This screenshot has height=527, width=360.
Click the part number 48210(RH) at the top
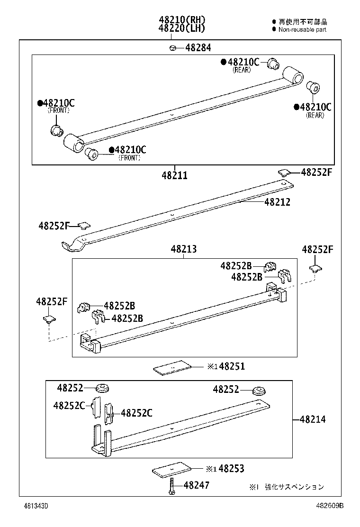(182, 20)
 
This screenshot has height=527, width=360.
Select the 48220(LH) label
(182, 28)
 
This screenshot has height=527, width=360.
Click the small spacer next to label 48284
(173, 47)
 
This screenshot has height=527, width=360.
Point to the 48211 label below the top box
(174, 175)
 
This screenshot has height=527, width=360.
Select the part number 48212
(277, 202)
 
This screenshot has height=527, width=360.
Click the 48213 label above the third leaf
(184, 249)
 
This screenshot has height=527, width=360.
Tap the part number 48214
(313, 419)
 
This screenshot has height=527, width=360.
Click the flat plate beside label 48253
(172, 470)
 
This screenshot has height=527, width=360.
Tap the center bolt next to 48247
(171, 487)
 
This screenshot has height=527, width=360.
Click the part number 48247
(196, 485)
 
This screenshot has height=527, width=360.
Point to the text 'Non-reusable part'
(302, 29)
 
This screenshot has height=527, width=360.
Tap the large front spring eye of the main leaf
(74, 143)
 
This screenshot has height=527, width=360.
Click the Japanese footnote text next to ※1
(294, 487)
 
